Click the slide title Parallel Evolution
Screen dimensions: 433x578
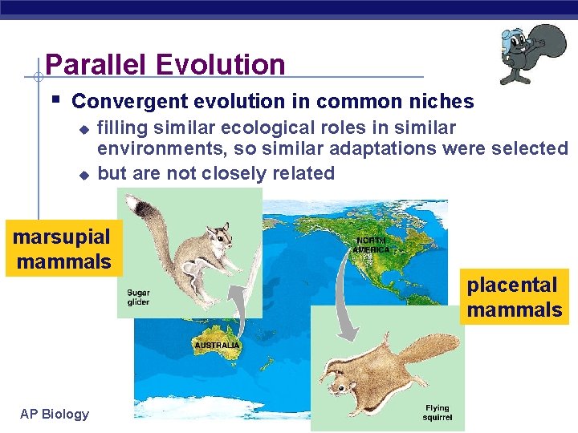(165, 64)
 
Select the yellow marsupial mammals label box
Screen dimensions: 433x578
(63, 249)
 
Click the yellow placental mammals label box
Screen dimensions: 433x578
(515, 297)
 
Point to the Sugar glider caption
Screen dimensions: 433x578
(138, 297)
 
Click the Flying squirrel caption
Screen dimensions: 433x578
(438, 412)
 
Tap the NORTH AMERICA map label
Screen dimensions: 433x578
(371, 244)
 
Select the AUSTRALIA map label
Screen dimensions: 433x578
(217, 345)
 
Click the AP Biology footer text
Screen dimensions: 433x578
(55, 414)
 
